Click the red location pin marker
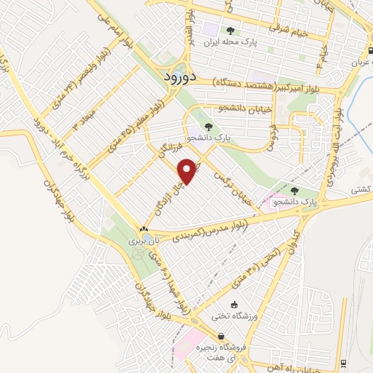[189, 170]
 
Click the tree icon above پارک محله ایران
[231, 31]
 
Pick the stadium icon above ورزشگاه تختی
[234, 305]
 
